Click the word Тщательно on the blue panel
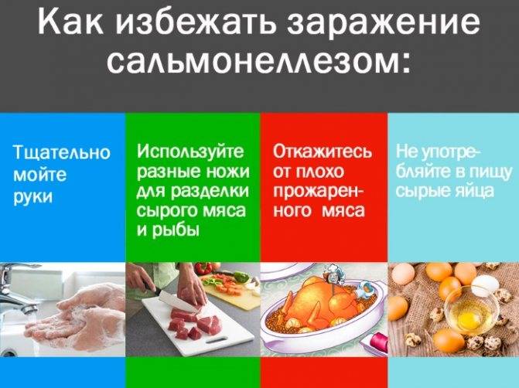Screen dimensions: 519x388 tap(62, 152)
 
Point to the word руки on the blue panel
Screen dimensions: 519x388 tap(33, 197)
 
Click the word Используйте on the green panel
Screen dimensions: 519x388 tap(190, 151)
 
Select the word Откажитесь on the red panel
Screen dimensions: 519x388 tap(323, 151)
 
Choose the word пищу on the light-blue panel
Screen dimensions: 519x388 tap(491, 172)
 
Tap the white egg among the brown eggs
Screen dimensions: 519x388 tap(485, 286)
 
